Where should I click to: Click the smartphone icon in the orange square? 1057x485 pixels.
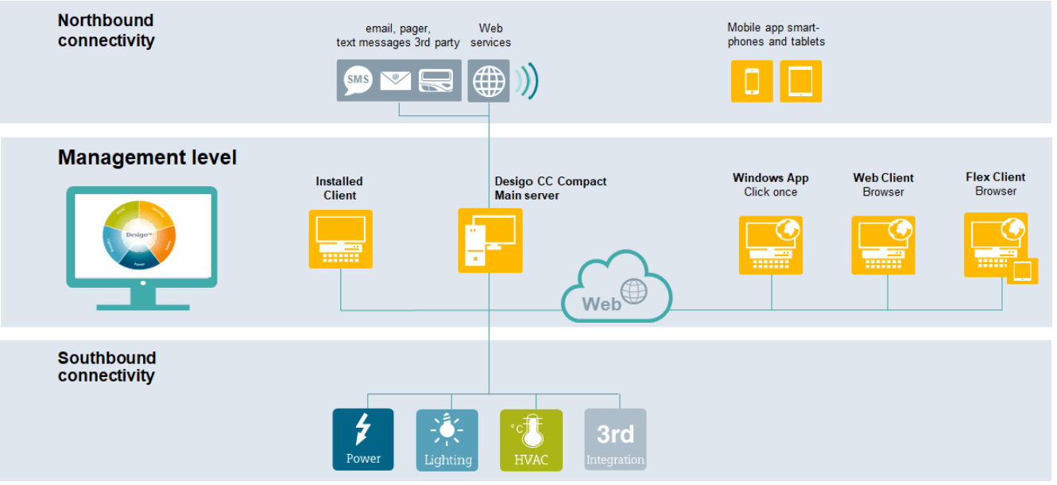click(x=752, y=81)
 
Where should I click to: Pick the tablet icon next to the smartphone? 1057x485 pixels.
click(x=800, y=81)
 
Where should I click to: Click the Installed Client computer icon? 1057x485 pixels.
click(x=340, y=239)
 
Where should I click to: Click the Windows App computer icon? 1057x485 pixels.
click(x=771, y=245)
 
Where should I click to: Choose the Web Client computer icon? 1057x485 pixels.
click(x=883, y=245)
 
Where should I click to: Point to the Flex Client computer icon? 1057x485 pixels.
click(x=996, y=244)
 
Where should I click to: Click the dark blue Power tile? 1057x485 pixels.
click(x=363, y=439)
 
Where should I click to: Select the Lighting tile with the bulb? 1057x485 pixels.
click(x=447, y=440)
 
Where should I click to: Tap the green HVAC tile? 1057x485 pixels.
click(x=531, y=440)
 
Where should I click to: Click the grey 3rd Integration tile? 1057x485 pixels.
click(x=615, y=440)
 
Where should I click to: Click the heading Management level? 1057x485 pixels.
click(x=147, y=157)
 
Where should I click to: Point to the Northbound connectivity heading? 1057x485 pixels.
click(x=106, y=30)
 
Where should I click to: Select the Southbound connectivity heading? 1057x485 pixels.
click(x=106, y=367)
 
